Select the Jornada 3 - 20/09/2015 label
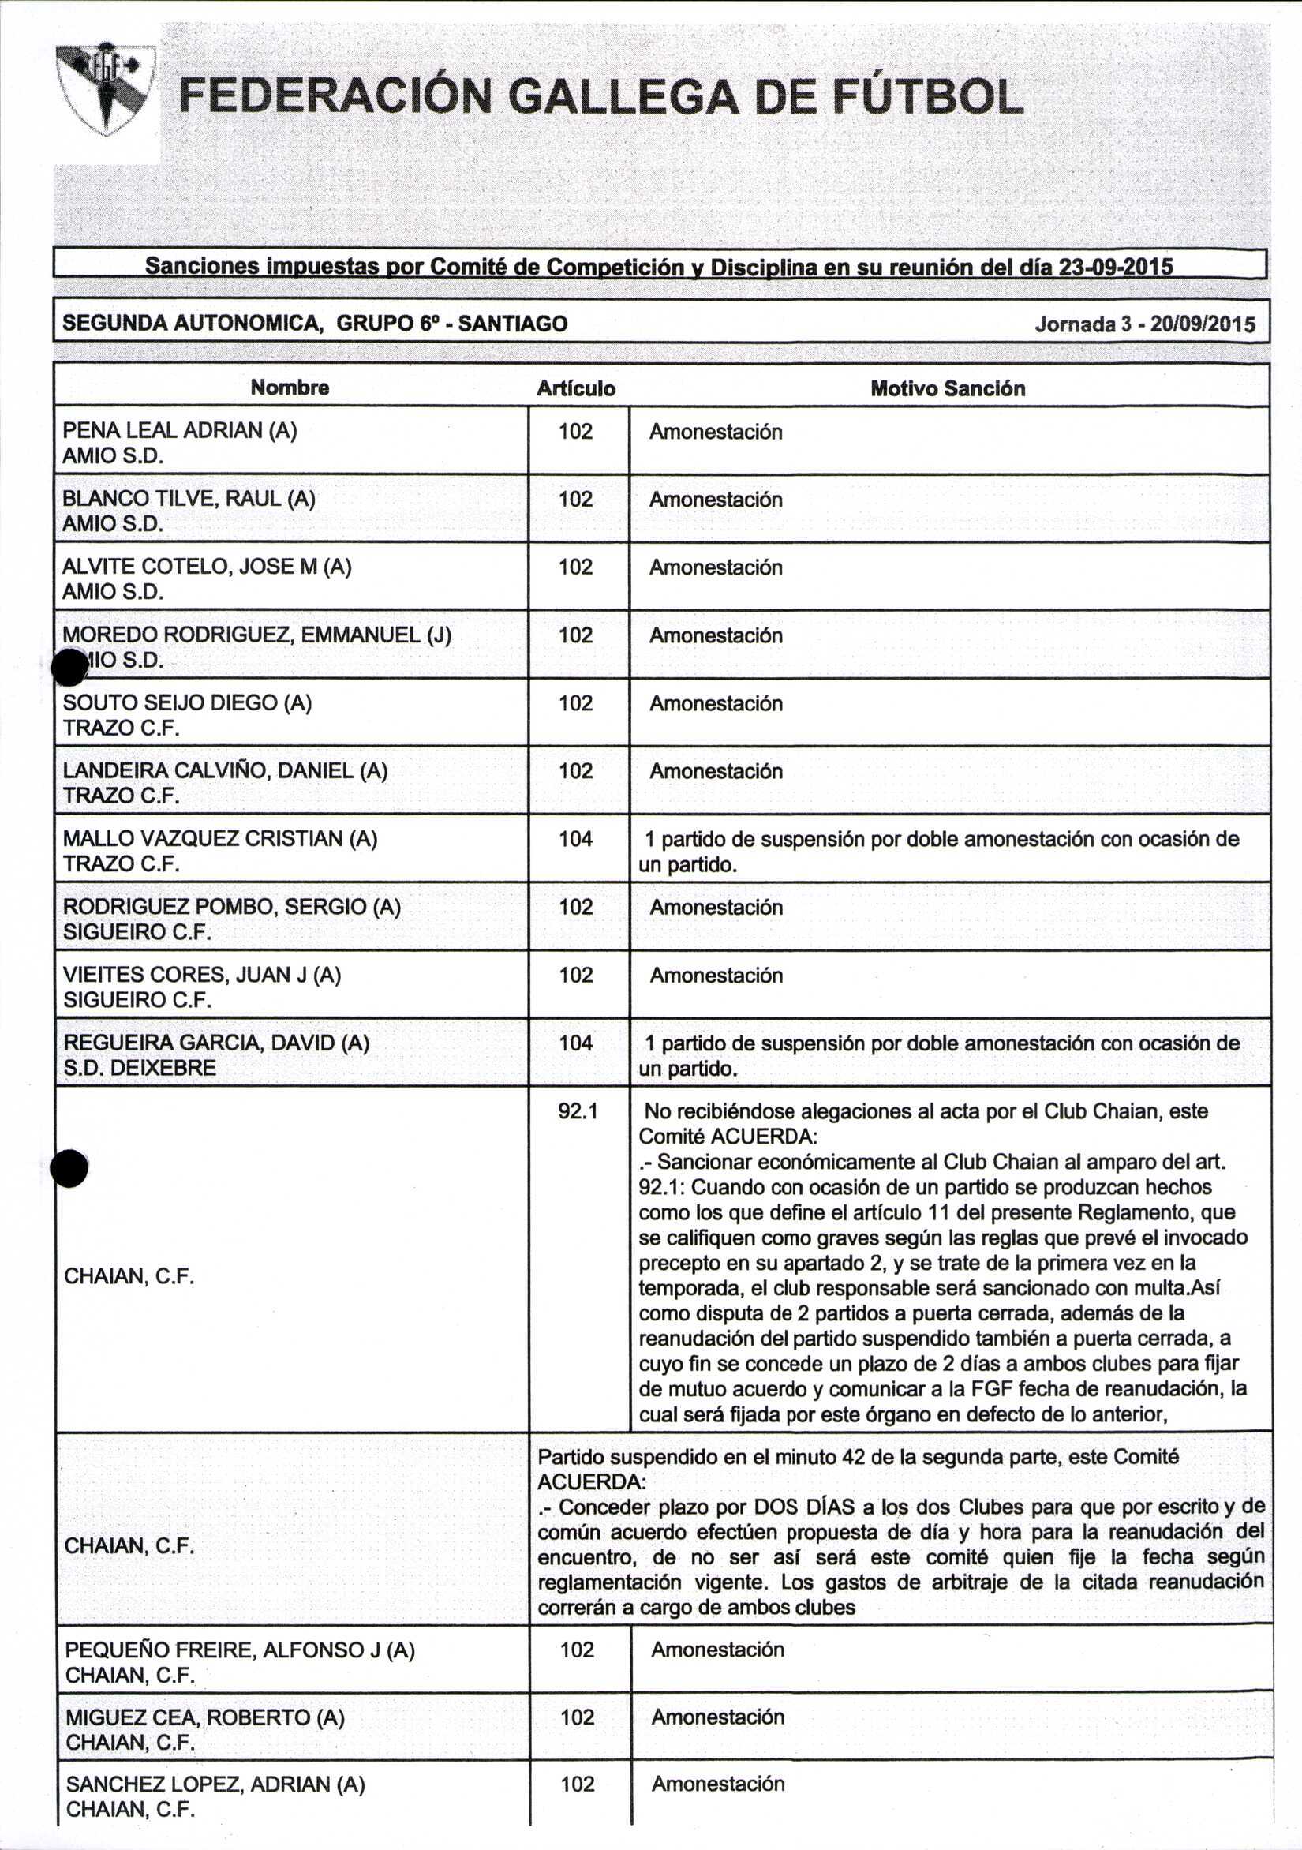coord(1144,324)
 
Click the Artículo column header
coord(576,389)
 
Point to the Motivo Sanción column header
coord(948,389)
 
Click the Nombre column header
coord(290,388)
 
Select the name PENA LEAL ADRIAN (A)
coord(180,430)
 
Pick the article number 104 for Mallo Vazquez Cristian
coord(576,839)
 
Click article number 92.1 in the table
coord(578,1111)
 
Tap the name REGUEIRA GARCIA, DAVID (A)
coord(216,1043)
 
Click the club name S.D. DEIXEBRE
coord(140,1069)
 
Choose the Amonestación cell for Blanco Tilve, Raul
coord(716,500)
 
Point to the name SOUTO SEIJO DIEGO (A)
coord(187,702)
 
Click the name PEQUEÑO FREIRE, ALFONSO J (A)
coord(239,1650)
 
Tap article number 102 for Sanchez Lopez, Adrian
coord(578,1783)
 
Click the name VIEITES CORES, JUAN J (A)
coord(201,975)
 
